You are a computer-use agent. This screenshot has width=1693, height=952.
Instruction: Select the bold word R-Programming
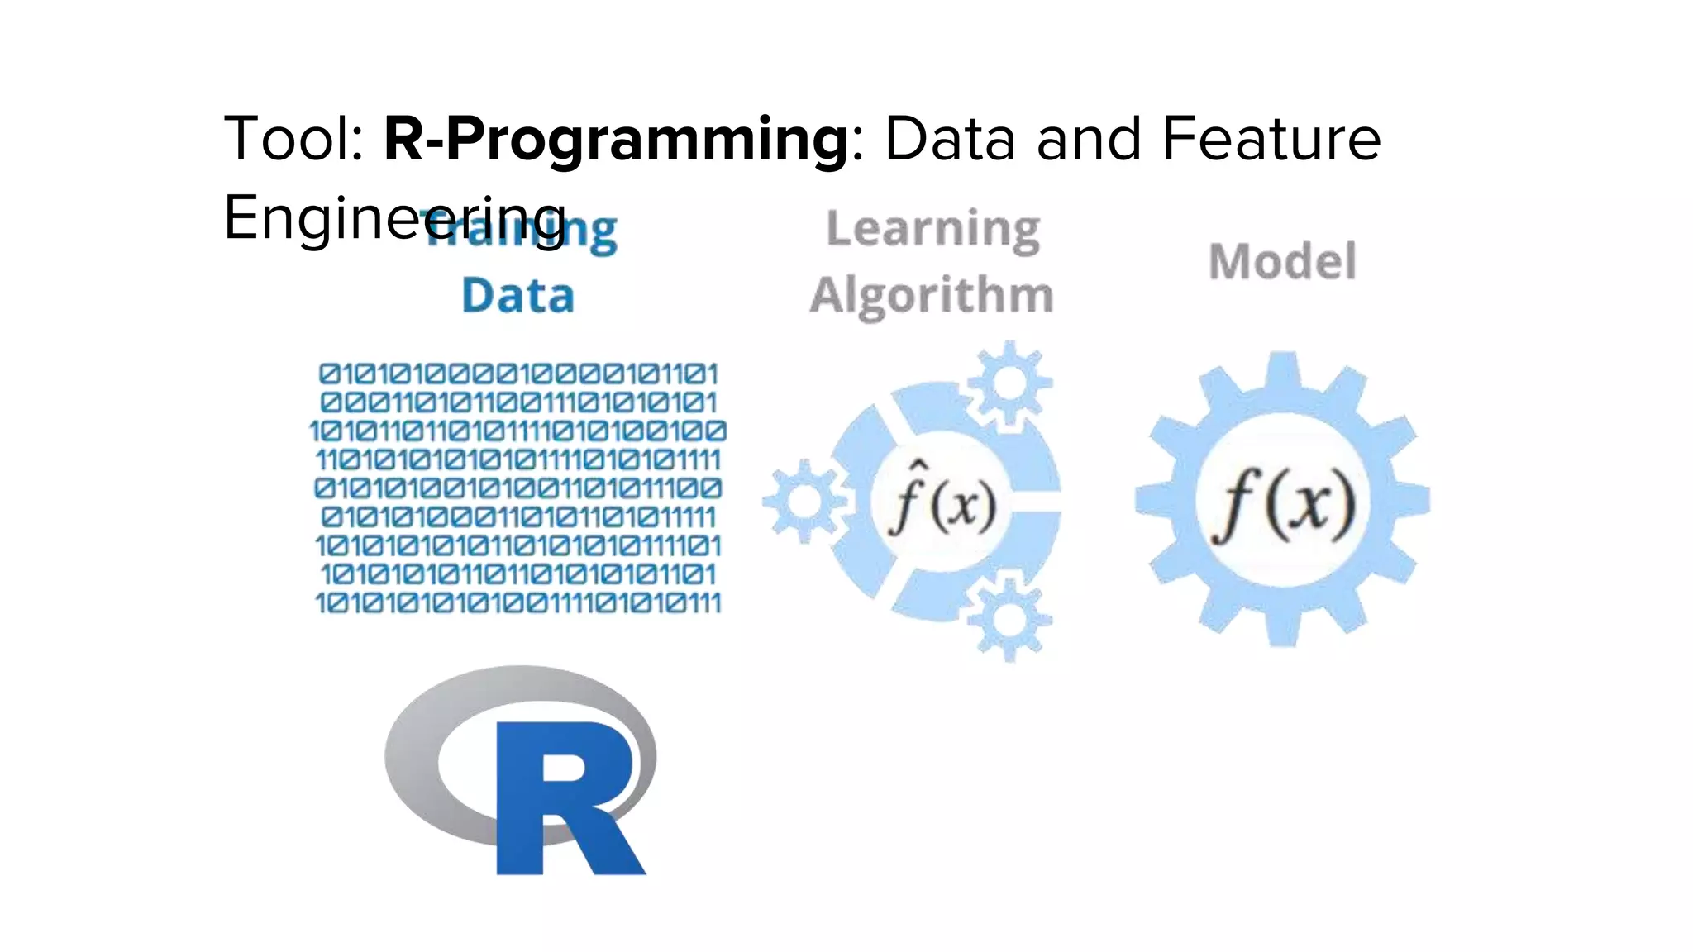point(616,139)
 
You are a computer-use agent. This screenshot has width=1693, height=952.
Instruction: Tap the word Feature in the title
point(1271,139)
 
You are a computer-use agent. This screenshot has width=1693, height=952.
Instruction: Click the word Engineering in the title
point(394,218)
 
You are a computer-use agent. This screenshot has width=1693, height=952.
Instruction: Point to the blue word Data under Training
point(517,296)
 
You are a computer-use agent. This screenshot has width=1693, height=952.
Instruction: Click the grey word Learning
point(932,229)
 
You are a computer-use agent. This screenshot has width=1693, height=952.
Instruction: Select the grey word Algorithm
point(932,296)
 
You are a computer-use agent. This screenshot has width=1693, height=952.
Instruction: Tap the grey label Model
point(1282,262)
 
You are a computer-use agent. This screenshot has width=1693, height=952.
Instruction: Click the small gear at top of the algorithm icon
point(1009,383)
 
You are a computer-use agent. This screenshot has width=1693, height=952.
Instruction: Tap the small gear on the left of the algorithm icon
point(804,501)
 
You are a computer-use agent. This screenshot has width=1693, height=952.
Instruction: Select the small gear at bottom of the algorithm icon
point(1009,620)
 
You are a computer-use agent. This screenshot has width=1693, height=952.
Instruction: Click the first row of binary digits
point(518,374)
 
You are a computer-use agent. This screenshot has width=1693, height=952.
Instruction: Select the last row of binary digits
point(518,602)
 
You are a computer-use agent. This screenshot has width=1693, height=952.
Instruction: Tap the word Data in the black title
point(950,139)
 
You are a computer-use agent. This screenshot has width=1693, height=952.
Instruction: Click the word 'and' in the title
point(1090,139)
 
